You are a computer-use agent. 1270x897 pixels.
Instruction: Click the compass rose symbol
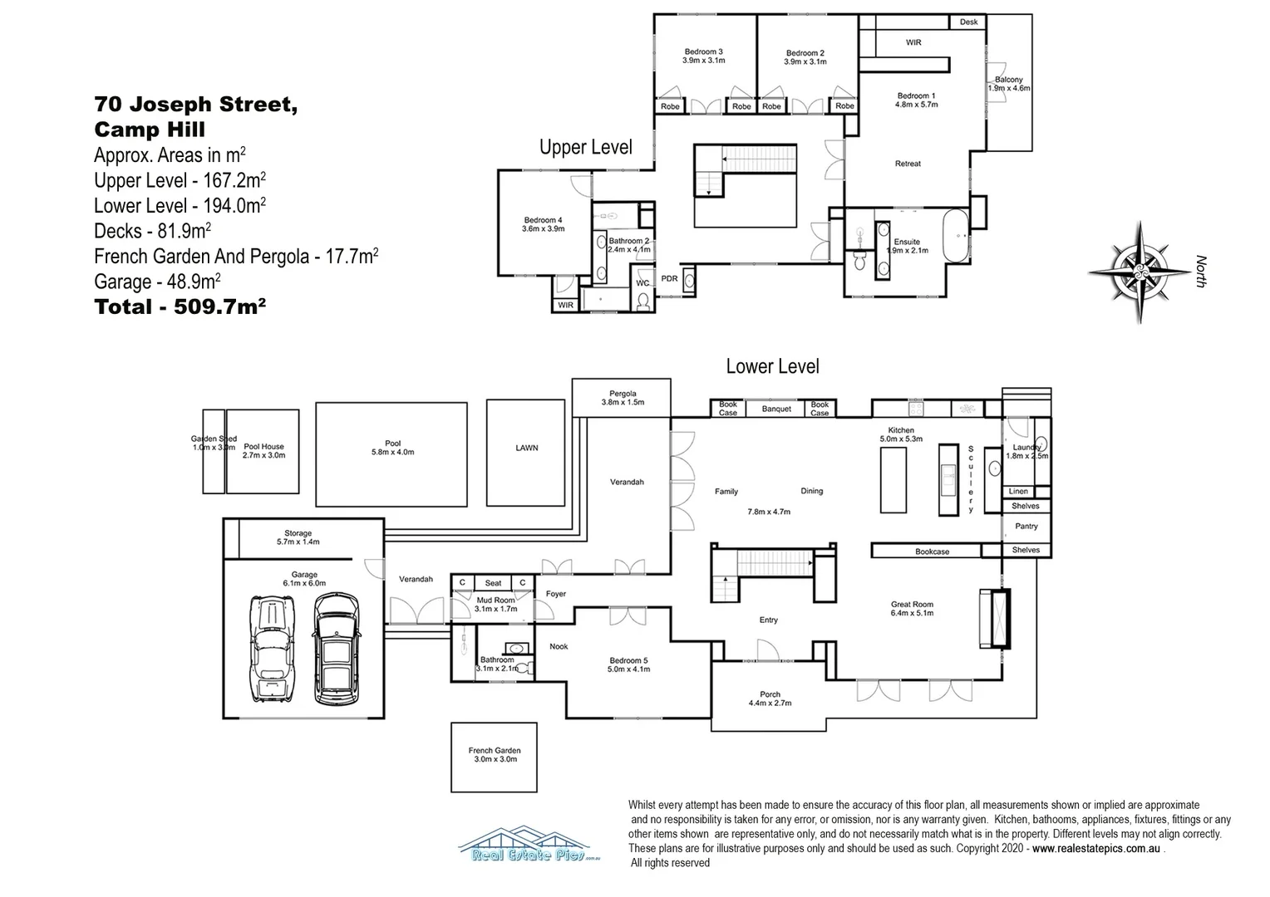(1140, 272)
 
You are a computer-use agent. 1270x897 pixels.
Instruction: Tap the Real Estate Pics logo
(529, 845)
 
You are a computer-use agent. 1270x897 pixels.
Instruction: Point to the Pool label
(392, 448)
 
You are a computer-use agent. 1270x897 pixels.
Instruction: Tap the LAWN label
(526, 448)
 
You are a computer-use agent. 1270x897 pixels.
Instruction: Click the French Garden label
(494, 754)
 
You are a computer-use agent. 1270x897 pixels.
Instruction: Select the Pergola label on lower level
(622, 398)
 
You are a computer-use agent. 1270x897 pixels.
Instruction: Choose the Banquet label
(776, 409)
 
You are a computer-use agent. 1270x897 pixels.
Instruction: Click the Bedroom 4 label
(544, 224)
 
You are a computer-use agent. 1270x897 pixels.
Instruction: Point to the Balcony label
(1008, 83)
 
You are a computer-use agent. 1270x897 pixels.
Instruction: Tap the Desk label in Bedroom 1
(968, 22)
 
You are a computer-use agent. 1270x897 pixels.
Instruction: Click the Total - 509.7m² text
(180, 307)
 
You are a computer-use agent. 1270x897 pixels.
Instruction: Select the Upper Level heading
(585, 148)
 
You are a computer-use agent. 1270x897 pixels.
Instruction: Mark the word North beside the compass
(1200, 272)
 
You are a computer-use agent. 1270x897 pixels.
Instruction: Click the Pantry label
(1026, 526)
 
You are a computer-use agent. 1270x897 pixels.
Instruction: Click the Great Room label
(912, 609)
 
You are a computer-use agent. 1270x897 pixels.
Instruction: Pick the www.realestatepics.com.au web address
(1096, 848)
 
